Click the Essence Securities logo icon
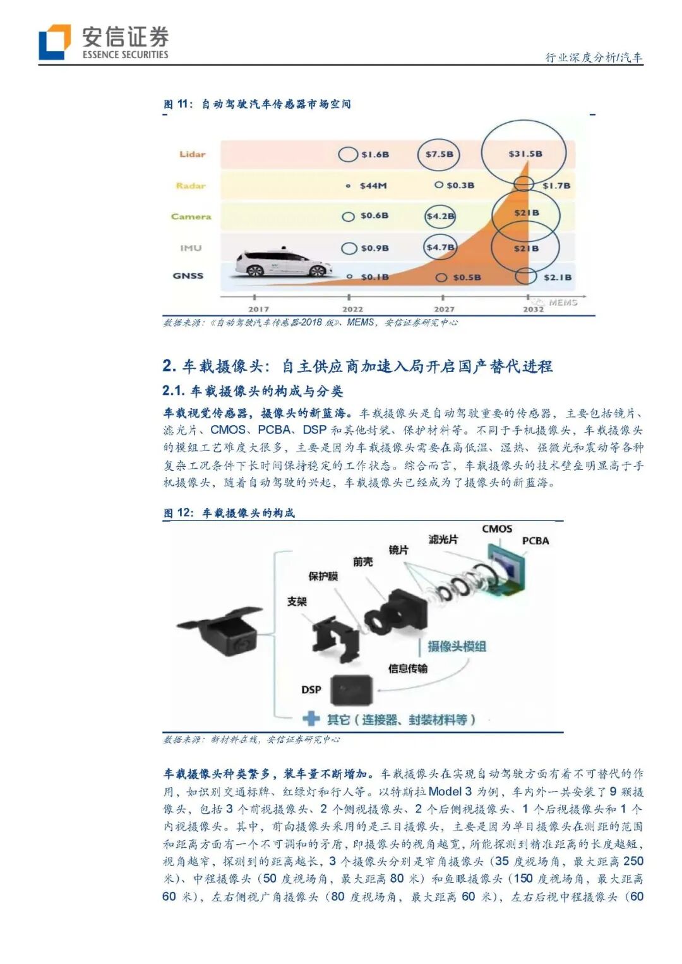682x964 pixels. click(x=54, y=42)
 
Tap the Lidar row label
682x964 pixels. click(x=192, y=154)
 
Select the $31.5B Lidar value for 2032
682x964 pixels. click(x=525, y=154)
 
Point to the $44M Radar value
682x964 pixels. click(x=373, y=186)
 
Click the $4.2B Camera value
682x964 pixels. click(x=440, y=216)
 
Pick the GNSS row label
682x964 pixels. click(x=188, y=275)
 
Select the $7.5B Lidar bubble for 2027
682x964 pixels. click(x=439, y=154)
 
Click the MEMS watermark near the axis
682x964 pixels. click(x=563, y=303)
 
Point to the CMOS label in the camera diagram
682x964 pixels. click(x=497, y=529)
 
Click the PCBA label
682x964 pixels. click(x=535, y=541)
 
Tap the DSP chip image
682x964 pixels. click(x=351, y=690)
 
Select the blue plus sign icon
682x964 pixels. click(x=311, y=719)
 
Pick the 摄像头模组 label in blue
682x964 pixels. click(x=457, y=646)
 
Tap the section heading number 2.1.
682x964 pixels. click(x=173, y=391)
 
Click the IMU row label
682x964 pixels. click(x=191, y=248)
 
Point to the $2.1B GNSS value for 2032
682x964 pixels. click(x=557, y=277)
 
